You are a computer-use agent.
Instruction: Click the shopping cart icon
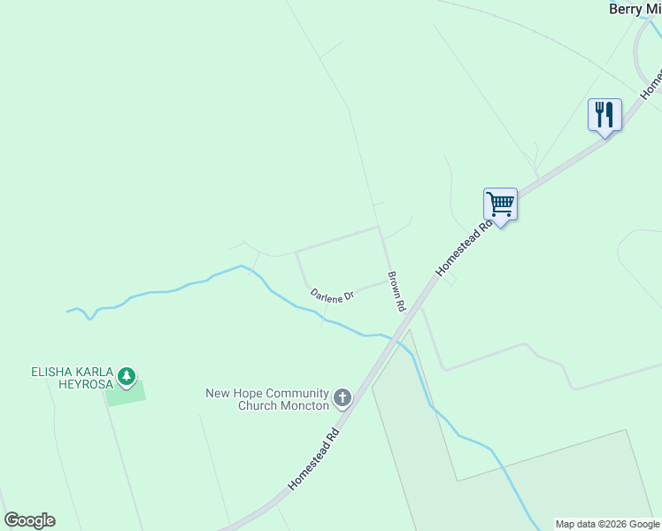pyautogui.click(x=500, y=204)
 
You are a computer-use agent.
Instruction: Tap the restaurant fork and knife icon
pyautogui.click(x=604, y=115)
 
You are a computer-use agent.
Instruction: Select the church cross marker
pyautogui.click(x=343, y=399)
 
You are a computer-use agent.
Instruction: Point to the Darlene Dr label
pyautogui.click(x=332, y=295)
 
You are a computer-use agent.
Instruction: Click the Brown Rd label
pyautogui.click(x=396, y=291)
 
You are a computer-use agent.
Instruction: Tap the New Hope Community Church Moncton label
pyautogui.click(x=267, y=399)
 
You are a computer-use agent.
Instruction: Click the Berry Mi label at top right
pyautogui.click(x=635, y=9)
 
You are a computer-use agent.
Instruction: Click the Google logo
pyautogui.click(x=29, y=520)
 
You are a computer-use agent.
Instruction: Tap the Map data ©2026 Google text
pyautogui.click(x=607, y=524)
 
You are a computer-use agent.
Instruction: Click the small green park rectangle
pyautogui.click(x=126, y=392)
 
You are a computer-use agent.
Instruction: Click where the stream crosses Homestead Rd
pyautogui.click(x=389, y=337)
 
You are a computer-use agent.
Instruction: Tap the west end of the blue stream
pyautogui.click(x=67, y=311)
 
